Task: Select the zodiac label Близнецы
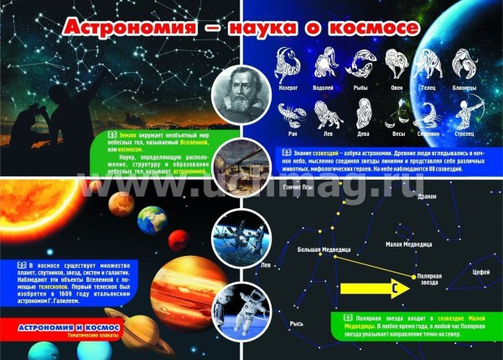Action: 464,87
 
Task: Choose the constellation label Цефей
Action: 480,272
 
